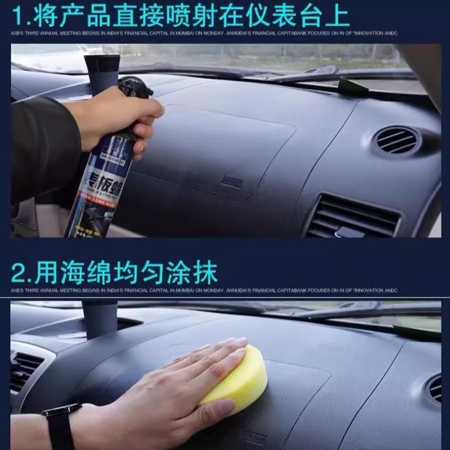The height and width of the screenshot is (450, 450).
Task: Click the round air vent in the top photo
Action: click(397, 140)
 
